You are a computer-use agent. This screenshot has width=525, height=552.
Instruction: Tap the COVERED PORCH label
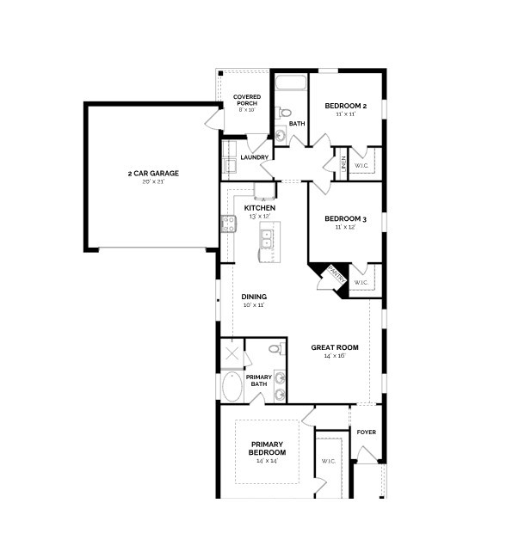tap(247, 100)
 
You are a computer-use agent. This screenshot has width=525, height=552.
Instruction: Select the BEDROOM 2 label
tap(346, 106)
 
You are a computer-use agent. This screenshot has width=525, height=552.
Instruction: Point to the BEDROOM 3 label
tap(346, 219)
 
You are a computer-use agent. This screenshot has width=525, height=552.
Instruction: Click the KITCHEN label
tap(260, 208)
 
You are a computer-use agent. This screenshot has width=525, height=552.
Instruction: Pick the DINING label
tap(253, 297)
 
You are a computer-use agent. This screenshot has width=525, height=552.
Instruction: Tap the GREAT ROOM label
tap(335, 347)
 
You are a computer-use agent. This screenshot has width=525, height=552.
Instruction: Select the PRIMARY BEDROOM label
tap(268, 448)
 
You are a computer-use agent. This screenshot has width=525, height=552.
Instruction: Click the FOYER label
tap(367, 432)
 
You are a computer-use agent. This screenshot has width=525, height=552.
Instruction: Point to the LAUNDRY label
tap(254, 157)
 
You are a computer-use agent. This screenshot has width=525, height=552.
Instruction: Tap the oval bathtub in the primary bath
tap(232, 387)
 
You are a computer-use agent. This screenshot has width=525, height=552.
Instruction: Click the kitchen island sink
tap(267, 238)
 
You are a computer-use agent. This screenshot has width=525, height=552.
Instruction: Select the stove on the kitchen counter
tap(229, 224)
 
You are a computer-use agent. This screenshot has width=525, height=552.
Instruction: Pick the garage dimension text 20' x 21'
tap(153, 181)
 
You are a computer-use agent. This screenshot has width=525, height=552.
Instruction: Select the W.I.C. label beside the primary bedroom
tap(329, 461)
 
